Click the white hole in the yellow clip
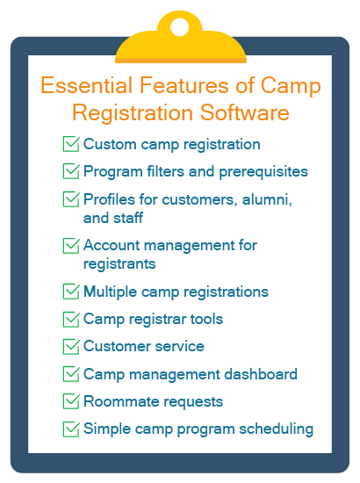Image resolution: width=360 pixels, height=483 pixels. pos(179,27)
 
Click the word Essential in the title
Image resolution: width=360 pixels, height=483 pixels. pos(87,85)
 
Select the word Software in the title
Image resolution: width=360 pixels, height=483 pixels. pos(244,112)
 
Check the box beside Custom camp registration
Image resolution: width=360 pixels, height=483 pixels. pos(71,144)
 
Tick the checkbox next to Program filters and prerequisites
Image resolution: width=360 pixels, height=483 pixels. pos(71,171)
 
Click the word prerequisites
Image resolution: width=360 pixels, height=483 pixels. pos(263,172)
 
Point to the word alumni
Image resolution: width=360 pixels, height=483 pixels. pos(267,199)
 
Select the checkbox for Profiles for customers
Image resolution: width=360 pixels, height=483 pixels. pos(71,199)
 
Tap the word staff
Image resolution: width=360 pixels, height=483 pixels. pos(128,218)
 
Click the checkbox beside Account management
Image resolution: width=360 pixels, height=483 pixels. pos(71,246)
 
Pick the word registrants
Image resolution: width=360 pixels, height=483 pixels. pos(119,264)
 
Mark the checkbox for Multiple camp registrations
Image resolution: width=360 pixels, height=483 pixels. pos(71,292)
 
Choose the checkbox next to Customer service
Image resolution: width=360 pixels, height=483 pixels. pos(71,347)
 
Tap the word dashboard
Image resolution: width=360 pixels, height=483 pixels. pos(261,374)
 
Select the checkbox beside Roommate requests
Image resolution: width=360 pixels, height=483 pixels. pos(71,401)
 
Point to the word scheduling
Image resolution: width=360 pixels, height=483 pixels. pos(277,429)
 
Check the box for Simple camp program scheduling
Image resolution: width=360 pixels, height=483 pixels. pos(71,429)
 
